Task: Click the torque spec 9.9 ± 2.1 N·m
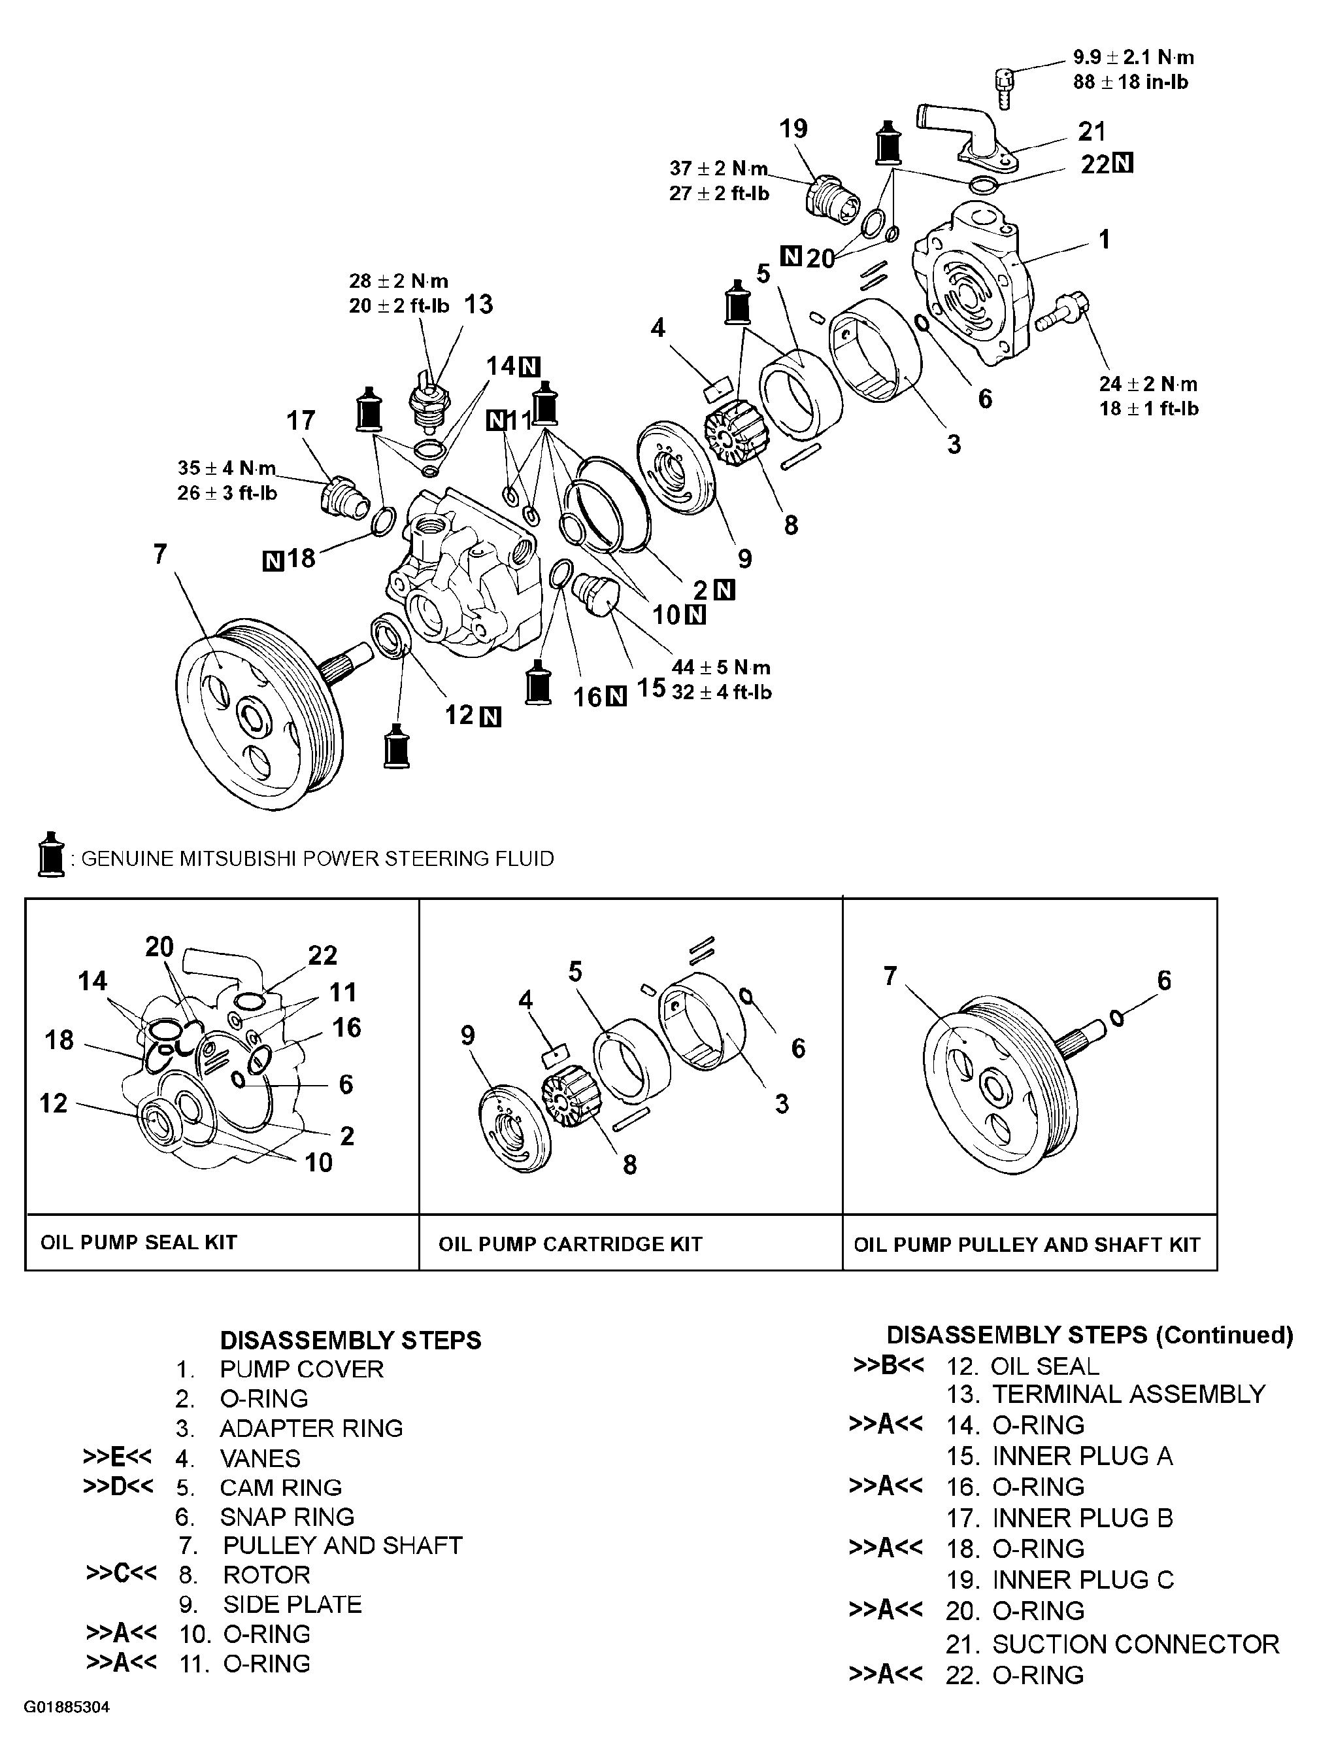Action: pyautogui.click(x=1133, y=58)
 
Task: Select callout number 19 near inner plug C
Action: pyautogui.click(x=793, y=128)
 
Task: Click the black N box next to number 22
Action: pyautogui.click(x=1122, y=164)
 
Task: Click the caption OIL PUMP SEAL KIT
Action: pyautogui.click(x=139, y=1242)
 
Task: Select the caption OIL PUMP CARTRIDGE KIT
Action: pyautogui.click(x=570, y=1244)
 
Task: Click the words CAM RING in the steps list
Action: pyautogui.click(x=280, y=1487)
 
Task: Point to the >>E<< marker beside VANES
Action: pyautogui.click(x=117, y=1457)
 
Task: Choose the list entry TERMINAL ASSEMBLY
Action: pyautogui.click(x=1128, y=1394)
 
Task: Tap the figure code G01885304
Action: pyautogui.click(x=67, y=1707)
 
